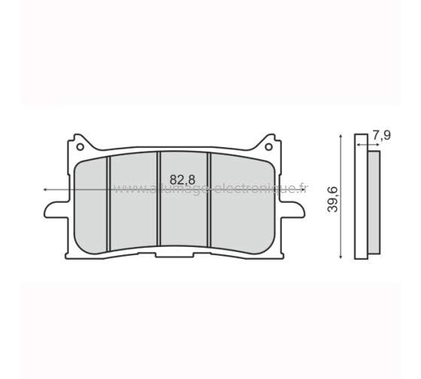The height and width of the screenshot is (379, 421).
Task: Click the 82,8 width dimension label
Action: (x=183, y=179)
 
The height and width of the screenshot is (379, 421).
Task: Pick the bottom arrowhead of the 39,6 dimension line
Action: (x=343, y=256)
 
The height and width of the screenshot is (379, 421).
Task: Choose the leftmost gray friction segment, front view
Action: (x=93, y=203)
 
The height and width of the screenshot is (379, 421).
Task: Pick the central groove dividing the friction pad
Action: (x=159, y=199)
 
